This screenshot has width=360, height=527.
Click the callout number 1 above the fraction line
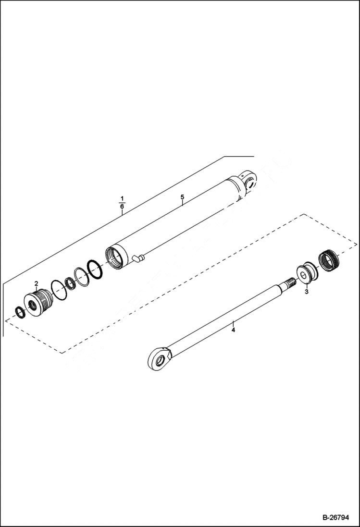click(122, 198)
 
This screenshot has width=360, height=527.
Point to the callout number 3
click(307, 292)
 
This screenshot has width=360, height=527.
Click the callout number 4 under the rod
click(233, 331)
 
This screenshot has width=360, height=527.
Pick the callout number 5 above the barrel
click(182, 197)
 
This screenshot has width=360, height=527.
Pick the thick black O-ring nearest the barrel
click(95, 269)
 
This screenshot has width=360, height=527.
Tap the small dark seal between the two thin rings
click(71, 284)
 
